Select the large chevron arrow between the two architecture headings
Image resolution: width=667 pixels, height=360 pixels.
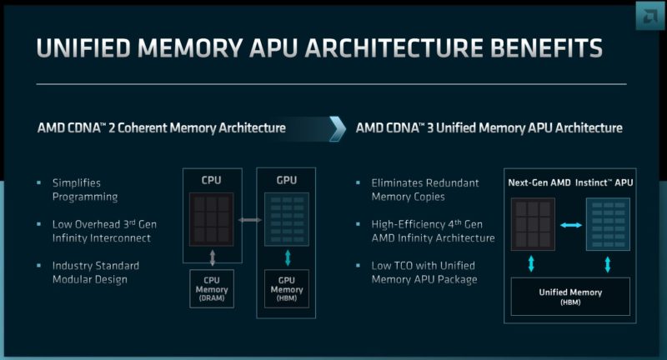[x=338, y=128]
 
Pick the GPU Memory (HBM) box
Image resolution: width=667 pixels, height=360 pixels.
[x=287, y=289]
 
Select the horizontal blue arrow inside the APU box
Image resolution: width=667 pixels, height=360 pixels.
[x=571, y=226]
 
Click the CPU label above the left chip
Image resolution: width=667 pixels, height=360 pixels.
[x=211, y=180]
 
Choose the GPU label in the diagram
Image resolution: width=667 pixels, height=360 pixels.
[x=287, y=180]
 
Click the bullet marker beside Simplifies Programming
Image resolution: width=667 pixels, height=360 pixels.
[x=39, y=182]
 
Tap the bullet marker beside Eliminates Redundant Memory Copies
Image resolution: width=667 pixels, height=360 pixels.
[x=358, y=182]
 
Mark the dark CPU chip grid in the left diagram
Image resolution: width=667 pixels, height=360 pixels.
[x=211, y=219]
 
